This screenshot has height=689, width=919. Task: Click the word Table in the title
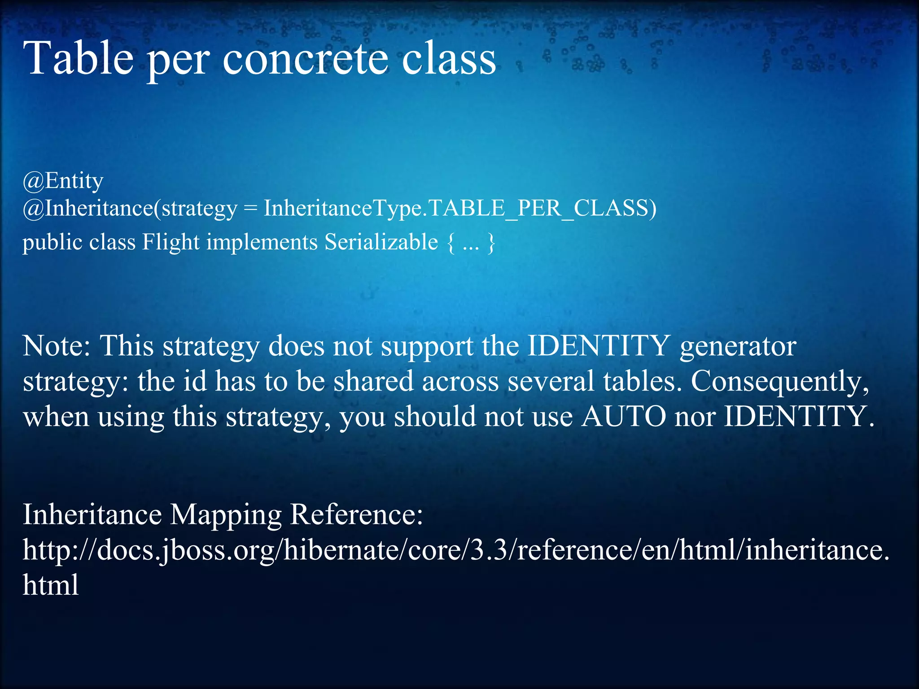coord(79,58)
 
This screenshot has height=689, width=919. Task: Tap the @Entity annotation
coord(63,181)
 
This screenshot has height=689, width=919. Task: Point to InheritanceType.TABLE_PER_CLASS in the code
coord(460,208)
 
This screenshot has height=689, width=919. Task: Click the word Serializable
coord(381,242)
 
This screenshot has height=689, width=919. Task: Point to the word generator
coord(738,347)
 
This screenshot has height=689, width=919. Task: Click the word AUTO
coord(623,416)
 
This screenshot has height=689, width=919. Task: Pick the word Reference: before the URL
coord(356,514)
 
